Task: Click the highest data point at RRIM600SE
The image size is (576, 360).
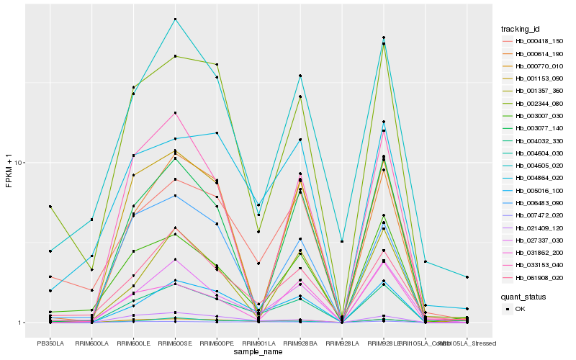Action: click(x=175, y=19)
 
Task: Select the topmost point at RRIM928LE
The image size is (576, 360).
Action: click(x=384, y=37)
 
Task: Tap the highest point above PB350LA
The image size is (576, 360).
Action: click(x=50, y=207)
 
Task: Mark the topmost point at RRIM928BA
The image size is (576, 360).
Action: click(x=300, y=76)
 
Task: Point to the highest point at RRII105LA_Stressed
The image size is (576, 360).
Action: click(x=467, y=277)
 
